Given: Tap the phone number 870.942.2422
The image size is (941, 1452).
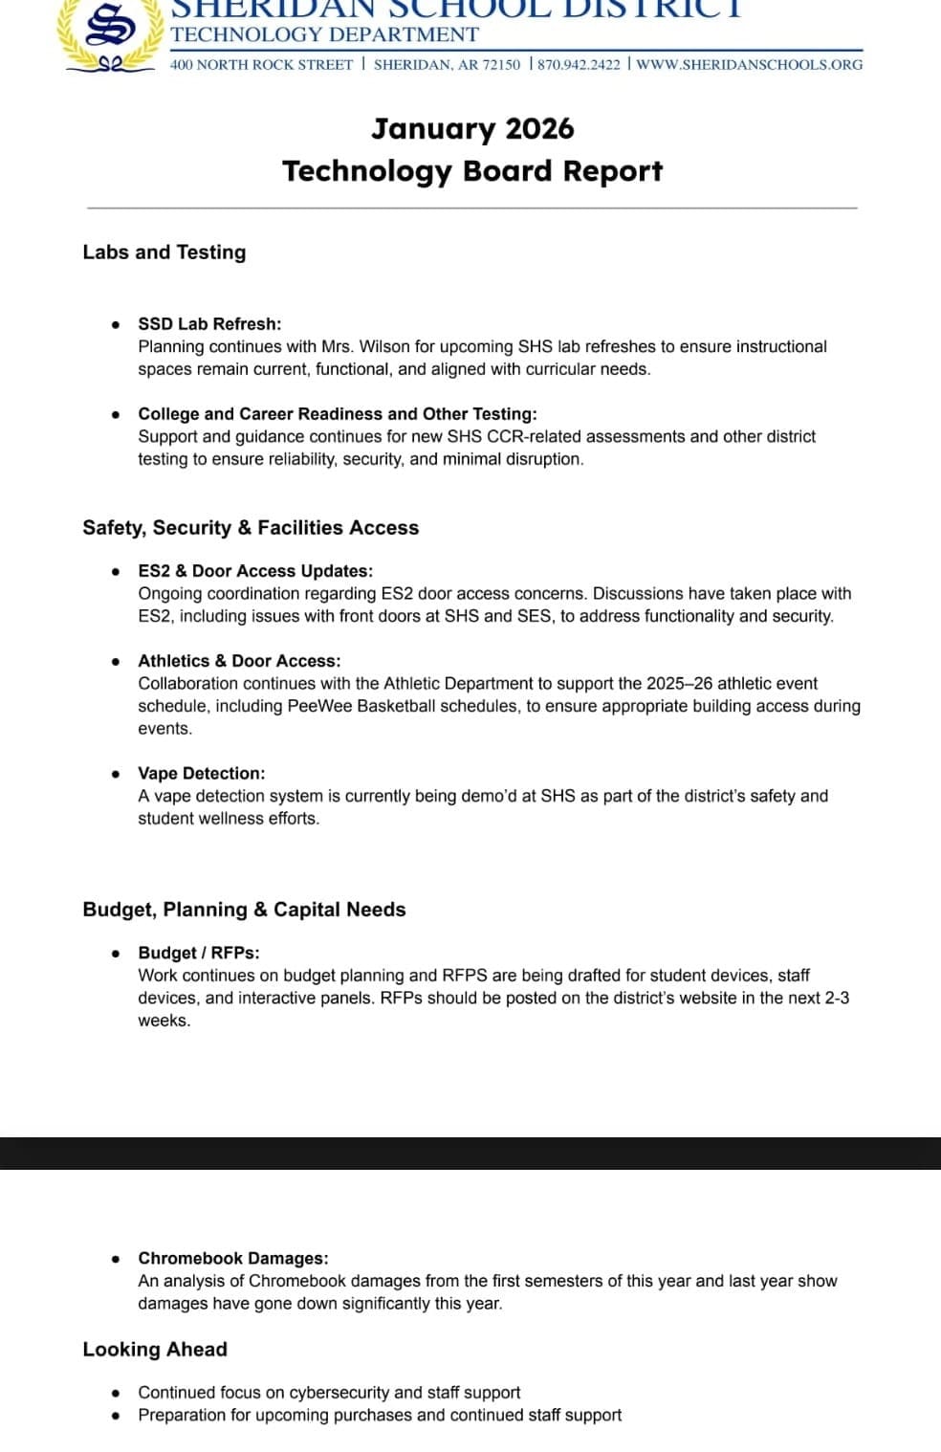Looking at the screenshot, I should click(579, 65).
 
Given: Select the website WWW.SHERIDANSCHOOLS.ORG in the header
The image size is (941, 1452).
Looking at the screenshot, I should click(750, 65).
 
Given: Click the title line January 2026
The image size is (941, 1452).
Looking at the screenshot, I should click(472, 129).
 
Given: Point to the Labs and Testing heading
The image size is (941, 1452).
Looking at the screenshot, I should click(164, 253).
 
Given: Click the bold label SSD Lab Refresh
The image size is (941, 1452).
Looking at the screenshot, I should click(209, 324).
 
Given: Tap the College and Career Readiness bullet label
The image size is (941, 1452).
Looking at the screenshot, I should click(337, 414).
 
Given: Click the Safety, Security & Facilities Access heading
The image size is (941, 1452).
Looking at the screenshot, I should click(251, 528).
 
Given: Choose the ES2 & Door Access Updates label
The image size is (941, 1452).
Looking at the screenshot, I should click(255, 571).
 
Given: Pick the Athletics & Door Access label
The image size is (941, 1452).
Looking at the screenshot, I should click(239, 661).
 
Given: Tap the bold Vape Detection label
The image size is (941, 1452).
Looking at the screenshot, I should click(202, 773).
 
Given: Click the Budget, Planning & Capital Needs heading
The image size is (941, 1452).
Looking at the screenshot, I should click(244, 910).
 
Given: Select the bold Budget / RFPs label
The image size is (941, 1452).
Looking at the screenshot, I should click(199, 953).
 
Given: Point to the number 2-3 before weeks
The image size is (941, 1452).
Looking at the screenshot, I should click(831, 998).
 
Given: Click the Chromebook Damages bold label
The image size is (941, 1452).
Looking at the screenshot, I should click(233, 1258).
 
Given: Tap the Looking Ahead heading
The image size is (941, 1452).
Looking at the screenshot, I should click(155, 1350).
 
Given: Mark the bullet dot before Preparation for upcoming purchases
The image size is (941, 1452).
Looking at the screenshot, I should click(116, 1416).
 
